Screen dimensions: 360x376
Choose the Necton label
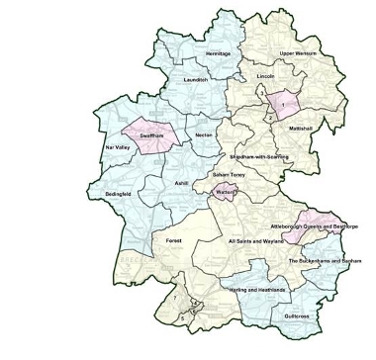point(205,132)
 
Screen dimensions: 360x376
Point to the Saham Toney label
point(228,174)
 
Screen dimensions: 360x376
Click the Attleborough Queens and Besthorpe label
point(311,227)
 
